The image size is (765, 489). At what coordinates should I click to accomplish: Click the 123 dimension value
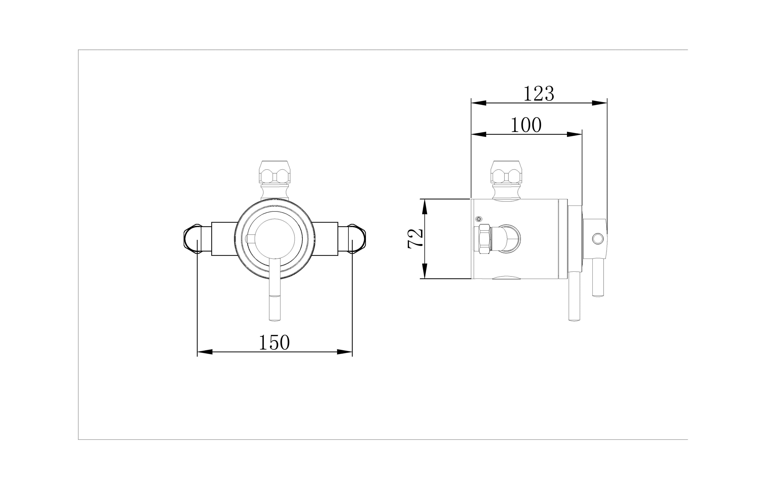click(x=539, y=94)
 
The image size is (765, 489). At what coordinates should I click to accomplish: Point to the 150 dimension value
click(x=274, y=342)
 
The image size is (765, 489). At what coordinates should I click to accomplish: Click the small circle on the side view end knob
click(x=598, y=239)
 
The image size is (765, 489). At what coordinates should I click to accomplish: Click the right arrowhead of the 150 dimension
click(x=344, y=352)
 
